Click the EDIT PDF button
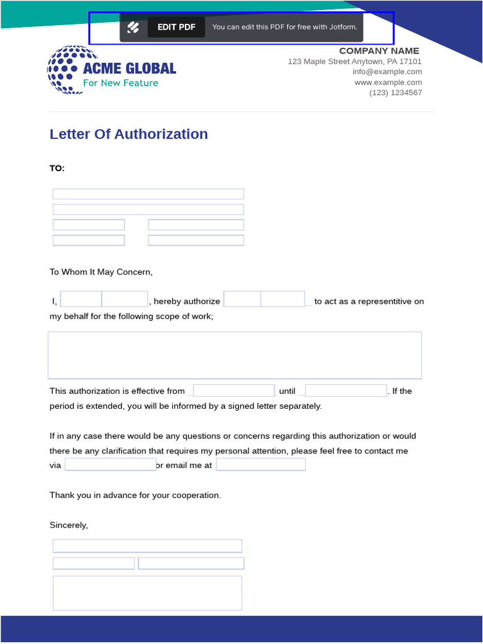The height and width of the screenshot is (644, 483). point(176,27)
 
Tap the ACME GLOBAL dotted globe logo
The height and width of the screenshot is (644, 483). point(64,70)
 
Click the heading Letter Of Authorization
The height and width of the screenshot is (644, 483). point(128,134)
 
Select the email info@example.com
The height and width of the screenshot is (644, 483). point(387,72)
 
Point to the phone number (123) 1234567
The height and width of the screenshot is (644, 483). point(395,92)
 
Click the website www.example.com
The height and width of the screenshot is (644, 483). point(387,82)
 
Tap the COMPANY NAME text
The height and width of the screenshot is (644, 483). point(379,51)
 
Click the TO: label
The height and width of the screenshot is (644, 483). point(57,168)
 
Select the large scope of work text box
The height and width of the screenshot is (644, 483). point(235,355)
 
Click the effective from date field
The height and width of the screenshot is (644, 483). point(234,391)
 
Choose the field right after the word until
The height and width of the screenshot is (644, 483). point(345,391)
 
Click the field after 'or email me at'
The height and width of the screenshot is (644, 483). point(260,465)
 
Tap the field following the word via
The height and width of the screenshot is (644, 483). point(110,465)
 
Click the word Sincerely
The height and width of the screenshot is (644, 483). point(69,525)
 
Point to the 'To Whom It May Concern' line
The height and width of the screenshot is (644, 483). point(101,272)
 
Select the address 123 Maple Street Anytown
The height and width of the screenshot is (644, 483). point(355,62)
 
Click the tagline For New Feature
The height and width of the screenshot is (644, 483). point(121,83)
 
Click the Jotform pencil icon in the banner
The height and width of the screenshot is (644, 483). point(133,27)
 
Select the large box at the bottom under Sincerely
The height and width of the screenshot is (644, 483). point(147,593)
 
